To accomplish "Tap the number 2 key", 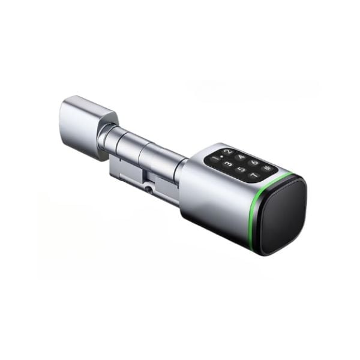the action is coord(227,152).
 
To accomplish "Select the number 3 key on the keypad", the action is coord(229,164).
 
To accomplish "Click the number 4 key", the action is coord(241,157).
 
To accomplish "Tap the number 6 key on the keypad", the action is coord(254,163).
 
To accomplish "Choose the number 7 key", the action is coord(254,176).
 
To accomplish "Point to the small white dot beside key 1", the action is coord(221,157).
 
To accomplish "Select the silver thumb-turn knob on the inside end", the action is coord(85,126).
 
